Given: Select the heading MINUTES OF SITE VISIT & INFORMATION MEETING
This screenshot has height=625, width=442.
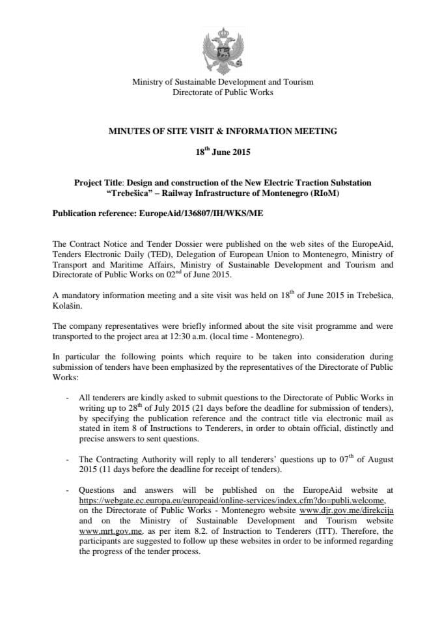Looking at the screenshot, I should point(223,131).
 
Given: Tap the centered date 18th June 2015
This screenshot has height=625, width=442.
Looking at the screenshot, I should point(223,153).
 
